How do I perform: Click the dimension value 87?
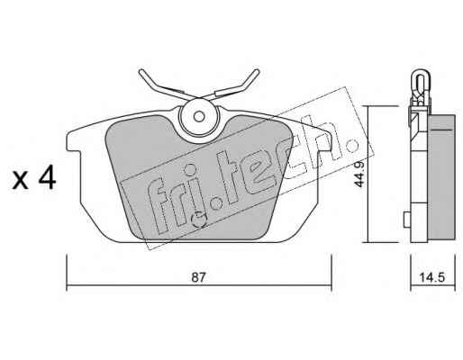point(198,277)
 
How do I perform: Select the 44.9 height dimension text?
point(359,175)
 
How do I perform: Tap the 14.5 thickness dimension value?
point(431,277)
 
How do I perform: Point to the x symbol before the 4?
point(21,182)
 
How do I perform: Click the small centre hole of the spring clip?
point(198,116)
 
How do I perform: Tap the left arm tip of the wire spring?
point(141,72)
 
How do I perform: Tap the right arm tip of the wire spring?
point(256,72)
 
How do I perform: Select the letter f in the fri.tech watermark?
point(159,205)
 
